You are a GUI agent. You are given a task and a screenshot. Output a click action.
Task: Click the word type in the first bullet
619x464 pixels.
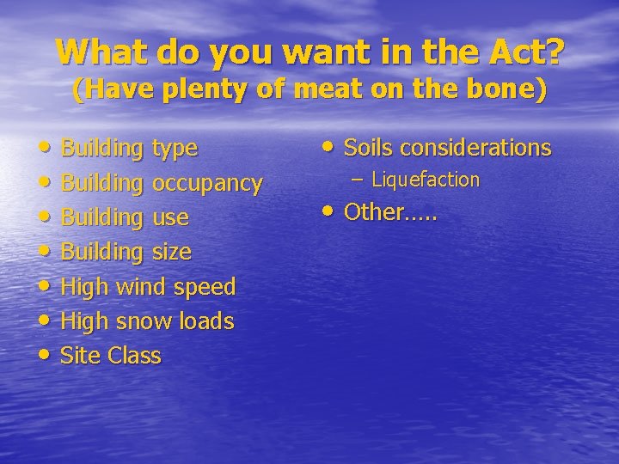pyautogui.click(x=175, y=149)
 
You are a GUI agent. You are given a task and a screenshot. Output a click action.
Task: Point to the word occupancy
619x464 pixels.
pyautogui.click(x=207, y=183)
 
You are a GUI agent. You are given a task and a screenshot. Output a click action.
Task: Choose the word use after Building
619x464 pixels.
pyautogui.click(x=170, y=217)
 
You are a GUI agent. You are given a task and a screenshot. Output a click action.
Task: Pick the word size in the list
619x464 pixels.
pyautogui.click(x=171, y=252)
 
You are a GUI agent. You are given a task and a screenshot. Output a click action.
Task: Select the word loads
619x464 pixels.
pyautogui.click(x=206, y=321)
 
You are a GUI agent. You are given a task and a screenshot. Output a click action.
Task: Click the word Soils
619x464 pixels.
pyautogui.click(x=369, y=148)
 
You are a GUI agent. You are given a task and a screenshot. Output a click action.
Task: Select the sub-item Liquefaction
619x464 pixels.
pyautogui.click(x=425, y=180)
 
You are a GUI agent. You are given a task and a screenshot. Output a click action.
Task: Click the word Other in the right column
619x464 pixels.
pyautogui.click(x=373, y=212)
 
